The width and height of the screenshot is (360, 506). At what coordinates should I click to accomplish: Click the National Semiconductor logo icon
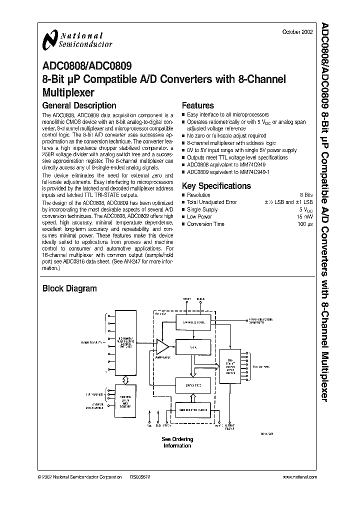coord(50,39)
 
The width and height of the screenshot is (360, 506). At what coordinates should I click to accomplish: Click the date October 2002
coord(298,32)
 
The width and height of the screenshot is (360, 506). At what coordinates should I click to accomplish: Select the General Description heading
coord(79,105)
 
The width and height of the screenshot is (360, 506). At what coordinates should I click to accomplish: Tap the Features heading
coord(197,105)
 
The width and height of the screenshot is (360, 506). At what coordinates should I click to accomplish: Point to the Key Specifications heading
coord(216,186)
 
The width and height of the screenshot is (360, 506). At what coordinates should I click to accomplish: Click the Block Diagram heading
coord(69,288)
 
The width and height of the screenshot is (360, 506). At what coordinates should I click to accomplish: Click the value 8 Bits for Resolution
coord(306,195)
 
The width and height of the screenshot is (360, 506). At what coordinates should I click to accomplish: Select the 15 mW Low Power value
coord(305,217)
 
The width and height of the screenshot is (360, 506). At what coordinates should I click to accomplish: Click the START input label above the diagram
coord(187,299)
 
